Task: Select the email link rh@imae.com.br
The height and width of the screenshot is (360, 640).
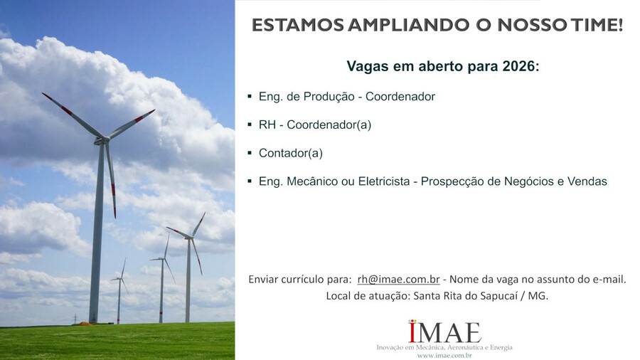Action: pyautogui.click(x=398, y=279)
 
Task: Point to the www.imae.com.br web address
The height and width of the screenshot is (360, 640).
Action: pyautogui.click(x=444, y=355)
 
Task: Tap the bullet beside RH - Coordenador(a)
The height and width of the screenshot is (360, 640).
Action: pyautogui.click(x=250, y=125)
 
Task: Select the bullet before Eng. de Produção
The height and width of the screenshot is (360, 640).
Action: pyautogui.click(x=250, y=96)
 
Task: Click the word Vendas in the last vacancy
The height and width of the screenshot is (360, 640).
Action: pyautogui.click(x=587, y=181)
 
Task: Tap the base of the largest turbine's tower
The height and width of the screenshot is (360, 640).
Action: pyautogui.click(x=93, y=320)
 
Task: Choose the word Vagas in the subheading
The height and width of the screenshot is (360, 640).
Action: pyautogui.click(x=364, y=67)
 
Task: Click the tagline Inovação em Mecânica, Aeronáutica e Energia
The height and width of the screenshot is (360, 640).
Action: pyautogui.click(x=444, y=347)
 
